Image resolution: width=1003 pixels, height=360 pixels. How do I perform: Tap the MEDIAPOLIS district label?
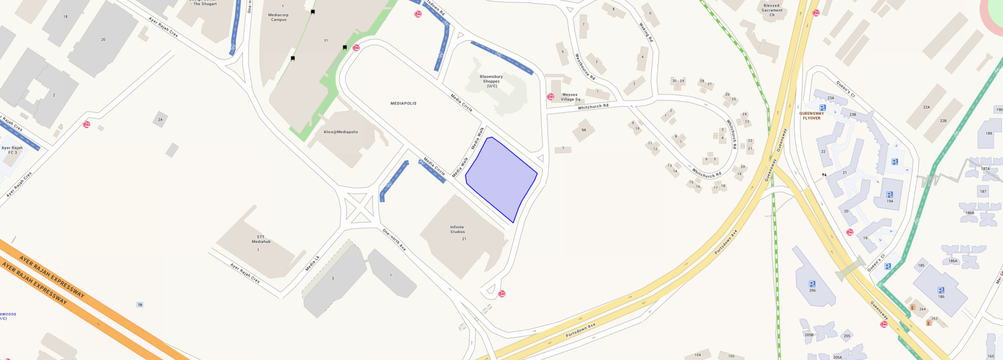click(x=403, y=103)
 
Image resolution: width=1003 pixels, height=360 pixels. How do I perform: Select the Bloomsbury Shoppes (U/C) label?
click(x=491, y=81)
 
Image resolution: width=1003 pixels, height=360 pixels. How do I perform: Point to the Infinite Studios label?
click(x=457, y=229)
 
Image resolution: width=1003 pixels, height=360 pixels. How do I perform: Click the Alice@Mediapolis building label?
click(x=341, y=132)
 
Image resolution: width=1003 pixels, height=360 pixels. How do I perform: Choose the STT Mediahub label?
click(x=261, y=239)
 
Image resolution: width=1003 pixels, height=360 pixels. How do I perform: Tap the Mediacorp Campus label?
click(x=278, y=17)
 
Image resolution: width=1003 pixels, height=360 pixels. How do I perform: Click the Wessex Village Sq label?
click(x=570, y=97)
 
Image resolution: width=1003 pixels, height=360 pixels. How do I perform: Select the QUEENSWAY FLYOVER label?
click(x=811, y=115)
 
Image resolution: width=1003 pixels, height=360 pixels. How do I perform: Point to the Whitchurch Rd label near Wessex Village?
click(x=593, y=107)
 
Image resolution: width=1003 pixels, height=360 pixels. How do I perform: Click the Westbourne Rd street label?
click(x=585, y=66)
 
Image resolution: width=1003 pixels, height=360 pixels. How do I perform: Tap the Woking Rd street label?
click(x=646, y=32)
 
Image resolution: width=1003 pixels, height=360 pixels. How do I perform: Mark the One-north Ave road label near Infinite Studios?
click(x=394, y=240)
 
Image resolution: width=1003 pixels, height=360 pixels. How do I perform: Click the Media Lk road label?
click(x=312, y=263)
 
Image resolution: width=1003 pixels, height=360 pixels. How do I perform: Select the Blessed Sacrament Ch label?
click(x=772, y=10)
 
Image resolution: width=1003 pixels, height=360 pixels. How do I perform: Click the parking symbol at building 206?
click(x=812, y=284)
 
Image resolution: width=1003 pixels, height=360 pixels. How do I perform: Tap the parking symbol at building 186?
click(x=940, y=290)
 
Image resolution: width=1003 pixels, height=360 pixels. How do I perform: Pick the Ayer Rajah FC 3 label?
click(x=13, y=150)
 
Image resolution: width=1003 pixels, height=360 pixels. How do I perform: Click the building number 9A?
click(x=584, y=130)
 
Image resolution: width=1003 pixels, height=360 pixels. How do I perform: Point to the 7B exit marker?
click(x=139, y=305)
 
